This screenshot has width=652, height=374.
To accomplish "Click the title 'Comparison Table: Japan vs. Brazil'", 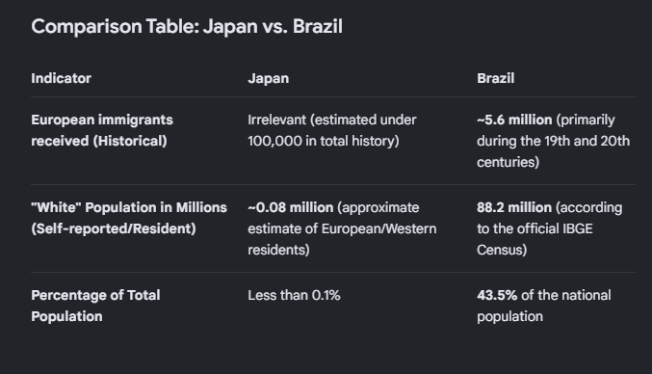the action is click(187, 27).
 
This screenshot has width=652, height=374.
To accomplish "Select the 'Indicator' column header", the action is click(61, 78).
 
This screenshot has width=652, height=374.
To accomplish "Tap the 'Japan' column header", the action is click(268, 79).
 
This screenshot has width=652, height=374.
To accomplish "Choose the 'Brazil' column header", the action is click(496, 78).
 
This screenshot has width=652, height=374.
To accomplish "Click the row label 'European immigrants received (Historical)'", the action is click(102, 130).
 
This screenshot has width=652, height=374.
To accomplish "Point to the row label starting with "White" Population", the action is click(129, 218).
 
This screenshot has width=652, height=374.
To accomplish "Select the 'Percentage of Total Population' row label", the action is click(95, 306).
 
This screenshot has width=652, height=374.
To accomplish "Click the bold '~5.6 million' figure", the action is click(514, 120).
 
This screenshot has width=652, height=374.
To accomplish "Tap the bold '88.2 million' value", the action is click(514, 207).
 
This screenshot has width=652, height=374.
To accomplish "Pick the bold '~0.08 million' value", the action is click(291, 207).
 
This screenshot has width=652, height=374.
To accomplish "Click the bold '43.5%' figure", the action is click(497, 295).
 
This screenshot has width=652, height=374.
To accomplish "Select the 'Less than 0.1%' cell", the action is click(294, 295).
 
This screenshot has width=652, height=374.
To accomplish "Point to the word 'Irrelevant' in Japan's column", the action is click(277, 120).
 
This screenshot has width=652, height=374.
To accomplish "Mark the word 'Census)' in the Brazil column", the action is click(502, 250).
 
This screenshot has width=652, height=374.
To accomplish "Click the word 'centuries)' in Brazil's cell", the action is click(509, 162).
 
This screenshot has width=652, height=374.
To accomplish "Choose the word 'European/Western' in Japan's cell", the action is click(379, 228).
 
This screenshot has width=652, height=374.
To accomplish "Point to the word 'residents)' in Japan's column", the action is click(278, 250).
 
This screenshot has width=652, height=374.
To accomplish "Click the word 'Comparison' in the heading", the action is click(87, 27).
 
